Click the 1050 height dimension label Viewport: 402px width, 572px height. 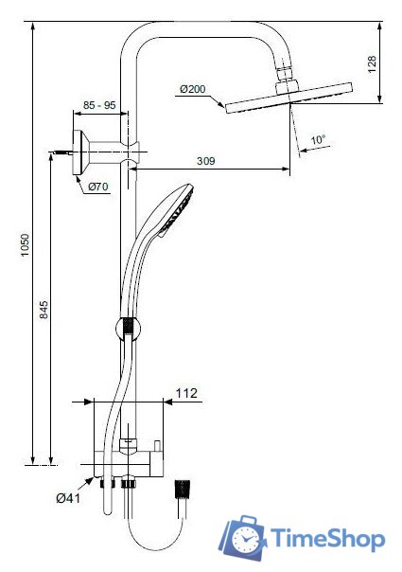coord(25,245)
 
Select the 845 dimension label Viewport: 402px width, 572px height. coord(44,310)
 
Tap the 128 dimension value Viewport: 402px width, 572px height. coord(372,64)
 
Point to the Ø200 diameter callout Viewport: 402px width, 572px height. coord(192,89)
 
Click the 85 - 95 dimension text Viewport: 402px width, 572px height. coord(99,105)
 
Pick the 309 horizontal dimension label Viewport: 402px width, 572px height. coord(206,161)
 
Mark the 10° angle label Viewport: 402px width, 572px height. coord(318,140)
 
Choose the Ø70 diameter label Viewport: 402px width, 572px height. coord(98,187)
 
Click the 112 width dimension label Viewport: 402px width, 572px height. coord(186,393)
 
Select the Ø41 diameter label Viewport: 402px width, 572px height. coord(68,498)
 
